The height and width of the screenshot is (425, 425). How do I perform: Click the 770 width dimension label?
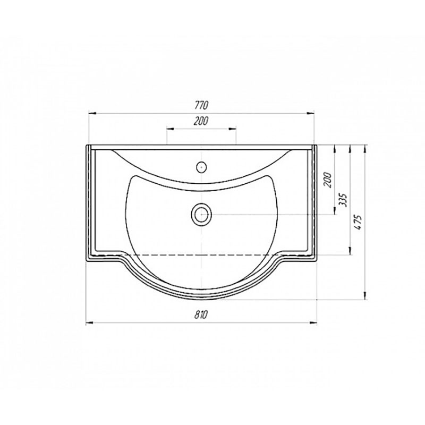point(201,105)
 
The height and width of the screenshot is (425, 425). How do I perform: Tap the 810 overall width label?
point(201,314)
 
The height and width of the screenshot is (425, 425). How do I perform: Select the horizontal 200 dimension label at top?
point(201,121)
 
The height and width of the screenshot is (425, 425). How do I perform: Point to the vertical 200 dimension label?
point(328,180)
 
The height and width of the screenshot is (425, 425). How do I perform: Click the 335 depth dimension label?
point(343,200)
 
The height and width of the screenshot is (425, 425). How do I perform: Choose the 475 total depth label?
point(358,222)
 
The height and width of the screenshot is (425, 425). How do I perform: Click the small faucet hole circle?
point(201,167)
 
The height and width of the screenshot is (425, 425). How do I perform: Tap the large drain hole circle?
point(201,214)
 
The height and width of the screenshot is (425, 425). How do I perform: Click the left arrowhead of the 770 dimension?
point(92,114)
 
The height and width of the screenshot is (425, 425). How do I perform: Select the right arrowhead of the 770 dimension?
point(310,114)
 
